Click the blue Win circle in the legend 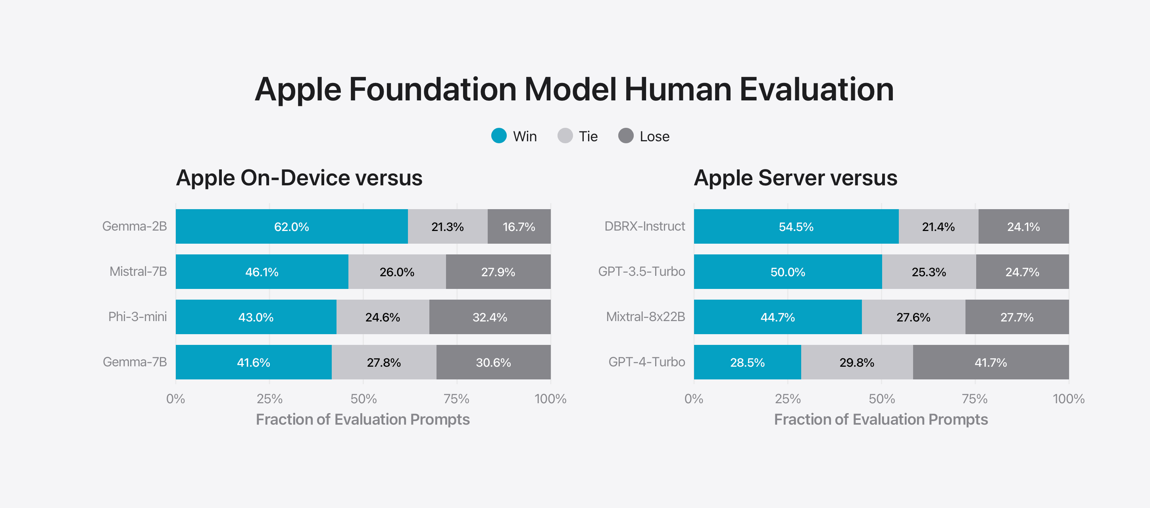tap(499, 136)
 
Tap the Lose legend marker tap(625, 136)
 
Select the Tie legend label tap(588, 137)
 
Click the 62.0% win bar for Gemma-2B tap(292, 227)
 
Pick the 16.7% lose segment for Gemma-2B tap(519, 227)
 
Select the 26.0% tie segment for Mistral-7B tap(397, 272)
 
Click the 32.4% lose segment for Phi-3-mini tap(490, 317)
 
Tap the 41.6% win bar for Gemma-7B tap(254, 362)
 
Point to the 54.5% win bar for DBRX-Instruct tap(796, 227)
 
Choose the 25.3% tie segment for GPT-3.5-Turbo tap(929, 272)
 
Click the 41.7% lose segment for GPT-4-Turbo tap(990, 362)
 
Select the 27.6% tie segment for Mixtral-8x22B tap(913, 317)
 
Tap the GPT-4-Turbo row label tap(646, 362)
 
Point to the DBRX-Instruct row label tap(644, 226)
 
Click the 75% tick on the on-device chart tap(456, 398)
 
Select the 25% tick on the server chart tap(787, 398)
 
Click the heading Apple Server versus tap(795, 178)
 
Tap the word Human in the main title tap(678, 89)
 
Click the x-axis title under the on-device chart tap(363, 419)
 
